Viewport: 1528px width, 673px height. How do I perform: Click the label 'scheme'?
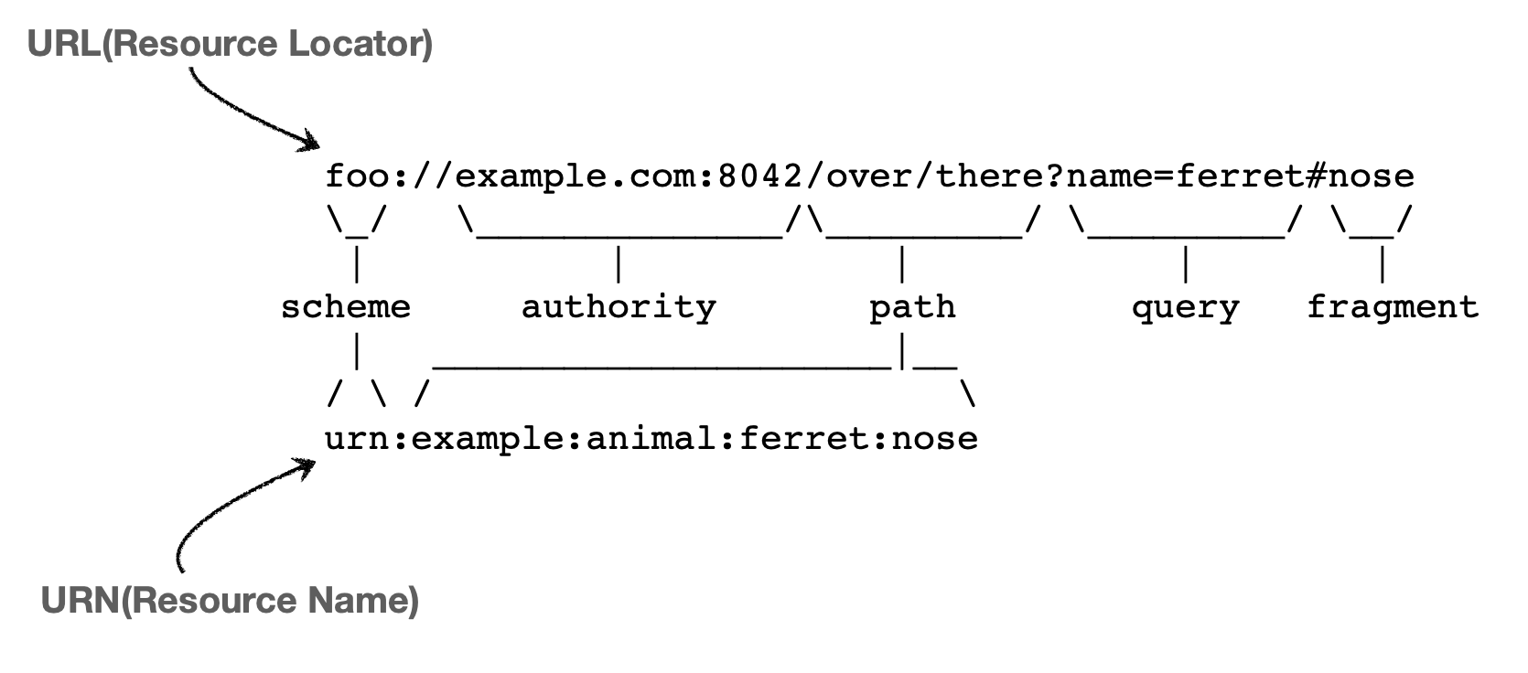click(x=346, y=307)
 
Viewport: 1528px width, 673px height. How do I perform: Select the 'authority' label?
click(x=619, y=307)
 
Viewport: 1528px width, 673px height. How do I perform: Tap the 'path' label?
click(x=912, y=307)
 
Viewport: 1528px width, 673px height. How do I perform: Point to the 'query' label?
click(x=1185, y=308)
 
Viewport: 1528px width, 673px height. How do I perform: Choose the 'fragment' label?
click(x=1392, y=307)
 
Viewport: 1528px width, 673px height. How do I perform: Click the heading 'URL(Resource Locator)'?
click(x=230, y=44)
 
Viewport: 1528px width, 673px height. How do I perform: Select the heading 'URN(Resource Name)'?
click(x=230, y=601)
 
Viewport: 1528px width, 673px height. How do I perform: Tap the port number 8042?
click(x=760, y=176)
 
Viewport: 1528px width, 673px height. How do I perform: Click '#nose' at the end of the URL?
click(x=1361, y=176)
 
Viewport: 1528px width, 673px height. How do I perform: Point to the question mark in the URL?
click(x=1055, y=176)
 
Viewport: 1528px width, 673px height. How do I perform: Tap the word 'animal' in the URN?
click(x=651, y=439)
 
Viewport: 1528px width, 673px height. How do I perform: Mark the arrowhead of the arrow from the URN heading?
click(x=307, y=466)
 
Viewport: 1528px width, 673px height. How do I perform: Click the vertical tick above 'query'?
click(x=1186, y=264)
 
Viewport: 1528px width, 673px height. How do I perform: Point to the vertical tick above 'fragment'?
click(x=1382, y=264)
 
